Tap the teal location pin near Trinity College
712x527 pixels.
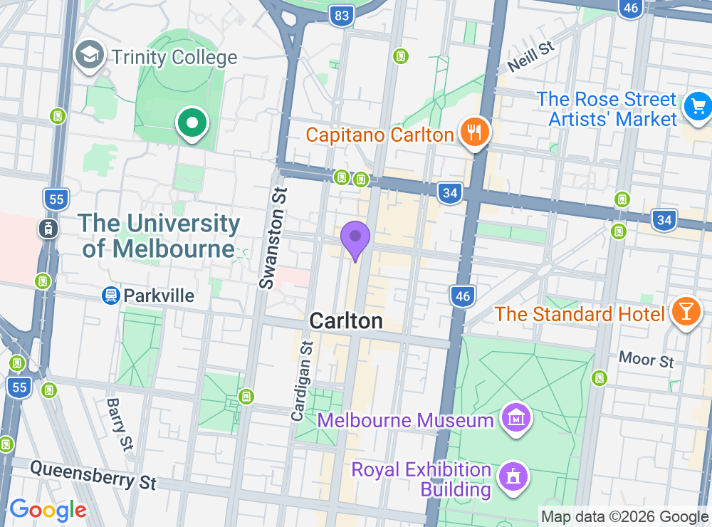(192, 123)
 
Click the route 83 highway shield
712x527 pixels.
(342, 15)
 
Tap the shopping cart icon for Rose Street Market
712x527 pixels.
(697, 108)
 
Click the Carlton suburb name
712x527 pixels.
(346, 321)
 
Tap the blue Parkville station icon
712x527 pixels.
(111, 295)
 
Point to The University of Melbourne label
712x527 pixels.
(159, 236)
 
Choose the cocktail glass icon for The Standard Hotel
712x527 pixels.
(686, 313)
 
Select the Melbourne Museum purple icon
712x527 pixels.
(514, 419)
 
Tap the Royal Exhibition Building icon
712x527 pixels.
(511, 479)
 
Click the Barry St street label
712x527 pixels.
(120, 424)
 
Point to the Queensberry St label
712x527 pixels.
(93, 474)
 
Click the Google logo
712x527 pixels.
(48, 510)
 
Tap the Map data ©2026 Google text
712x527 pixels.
(624, 517)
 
